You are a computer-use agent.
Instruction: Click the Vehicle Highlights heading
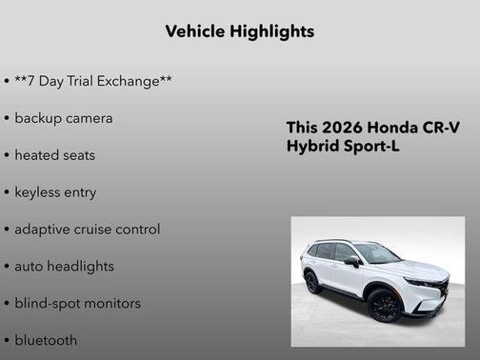239,31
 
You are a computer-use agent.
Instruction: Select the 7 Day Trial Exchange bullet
92,81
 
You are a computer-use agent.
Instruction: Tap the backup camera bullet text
64,118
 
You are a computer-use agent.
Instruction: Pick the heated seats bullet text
55,155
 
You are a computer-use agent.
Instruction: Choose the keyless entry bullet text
55,192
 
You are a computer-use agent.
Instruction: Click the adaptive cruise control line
88,230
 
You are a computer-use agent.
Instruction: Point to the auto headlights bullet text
64,267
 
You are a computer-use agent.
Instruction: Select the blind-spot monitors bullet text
77,304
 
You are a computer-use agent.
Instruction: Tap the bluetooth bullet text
47,340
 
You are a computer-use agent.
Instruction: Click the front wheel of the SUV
384,305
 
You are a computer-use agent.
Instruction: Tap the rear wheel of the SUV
311,282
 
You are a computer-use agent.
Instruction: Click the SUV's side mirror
351,261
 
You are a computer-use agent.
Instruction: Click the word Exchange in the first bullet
133,81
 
